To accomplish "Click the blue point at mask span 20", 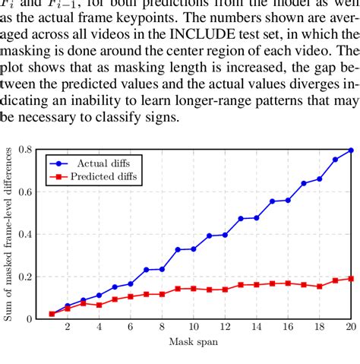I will [x=351, y=150].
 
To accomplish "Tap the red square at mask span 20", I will [x=351, y=278].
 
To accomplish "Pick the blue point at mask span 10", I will [x=194, y=248].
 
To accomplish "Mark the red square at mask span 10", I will [x=194, y=288].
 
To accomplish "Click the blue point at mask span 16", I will [x=288, y=200].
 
